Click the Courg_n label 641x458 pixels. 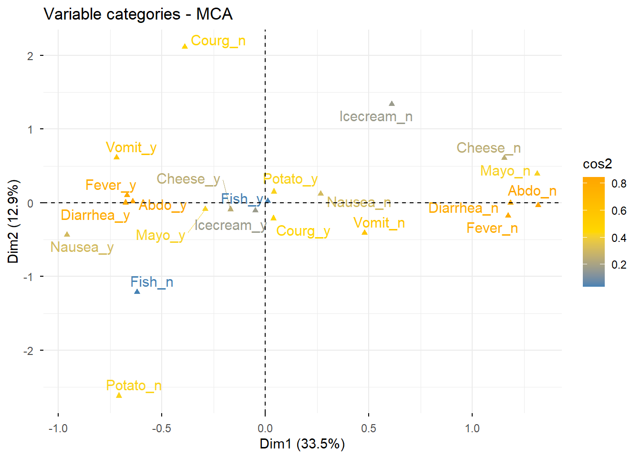(218, 41)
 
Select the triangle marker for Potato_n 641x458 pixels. (119, 395)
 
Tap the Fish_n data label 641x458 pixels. (152, 282)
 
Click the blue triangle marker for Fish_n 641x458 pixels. (137, 291)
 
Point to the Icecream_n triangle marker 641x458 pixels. (392, 104)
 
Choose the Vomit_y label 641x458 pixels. (131, 148)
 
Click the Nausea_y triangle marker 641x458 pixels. (67, 234)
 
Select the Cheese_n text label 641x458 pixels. (488, 148)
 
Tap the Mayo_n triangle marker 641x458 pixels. (538, 173)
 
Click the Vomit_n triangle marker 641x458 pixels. (364, 232)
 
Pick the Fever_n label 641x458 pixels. (492, 229)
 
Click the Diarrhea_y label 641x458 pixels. (95, 216)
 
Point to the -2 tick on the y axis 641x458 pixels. (30, 351)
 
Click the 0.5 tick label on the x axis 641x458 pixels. (368, 428)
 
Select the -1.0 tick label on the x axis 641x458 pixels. (58, 428)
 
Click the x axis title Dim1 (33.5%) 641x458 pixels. (302, 444)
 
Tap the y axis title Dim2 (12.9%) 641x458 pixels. (13, 221)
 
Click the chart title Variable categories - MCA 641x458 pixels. (138, 14)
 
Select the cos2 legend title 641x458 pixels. (597, 164)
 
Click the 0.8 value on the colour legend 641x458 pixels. (619, 184)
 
